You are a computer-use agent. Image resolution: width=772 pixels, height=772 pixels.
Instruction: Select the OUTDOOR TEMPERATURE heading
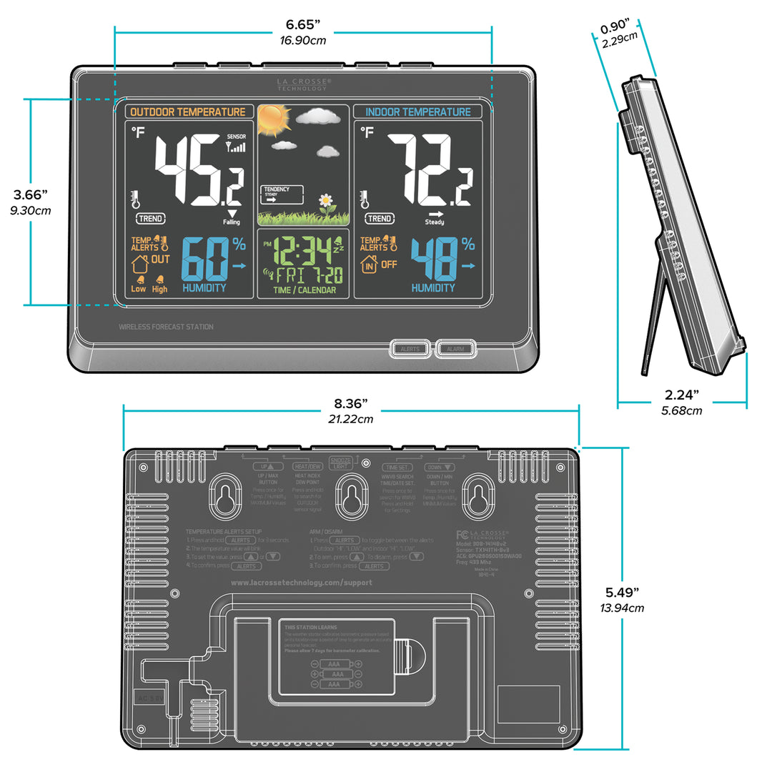point(188,112)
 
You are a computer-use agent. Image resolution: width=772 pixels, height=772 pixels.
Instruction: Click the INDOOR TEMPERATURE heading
point(417,112)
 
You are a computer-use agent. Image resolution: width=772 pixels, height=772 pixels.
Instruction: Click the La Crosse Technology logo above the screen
point(304,84)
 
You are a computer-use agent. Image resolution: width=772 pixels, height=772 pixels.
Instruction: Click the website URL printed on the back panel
point(301,583)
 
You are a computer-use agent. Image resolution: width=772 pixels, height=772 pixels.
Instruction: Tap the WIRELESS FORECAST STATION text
point(166,327)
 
